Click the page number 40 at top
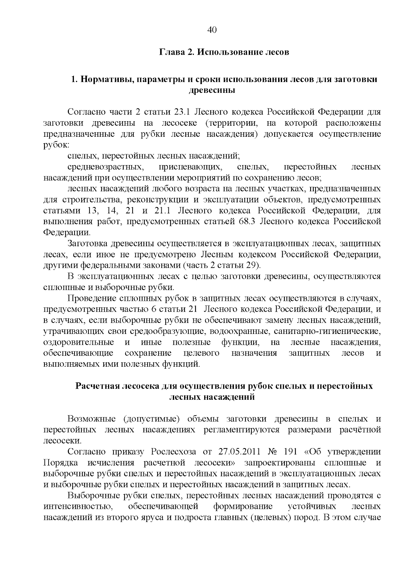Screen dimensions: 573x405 tap(212, 30)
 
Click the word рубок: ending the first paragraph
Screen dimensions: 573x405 tap(56, 145)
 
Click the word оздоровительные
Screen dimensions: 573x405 tap(79, 342)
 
